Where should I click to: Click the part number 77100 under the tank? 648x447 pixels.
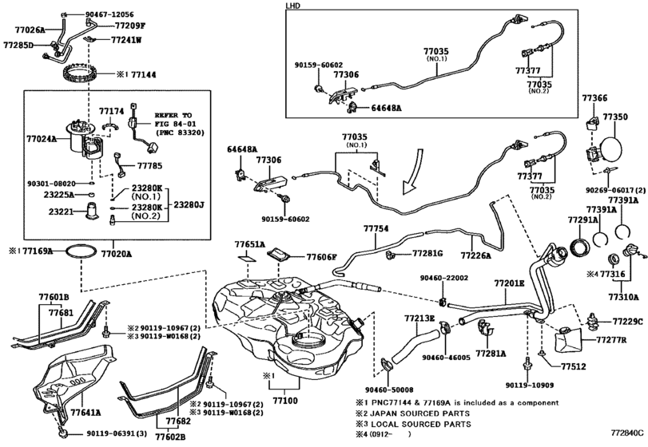[285, 401]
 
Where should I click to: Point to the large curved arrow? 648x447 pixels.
[414, 171]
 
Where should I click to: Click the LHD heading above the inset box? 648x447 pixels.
[292, 6]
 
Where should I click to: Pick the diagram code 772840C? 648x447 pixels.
[627, 433]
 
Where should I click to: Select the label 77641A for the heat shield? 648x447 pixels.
[86, 412]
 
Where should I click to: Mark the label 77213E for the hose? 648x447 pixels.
[419, 318]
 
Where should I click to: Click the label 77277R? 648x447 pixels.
[611, 340]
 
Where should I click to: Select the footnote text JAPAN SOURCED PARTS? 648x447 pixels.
[419, 413]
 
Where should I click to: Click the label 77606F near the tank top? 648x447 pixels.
[322, 257]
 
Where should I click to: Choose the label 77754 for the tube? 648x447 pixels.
[376, 228]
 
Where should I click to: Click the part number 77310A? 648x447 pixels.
[623, 296]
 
